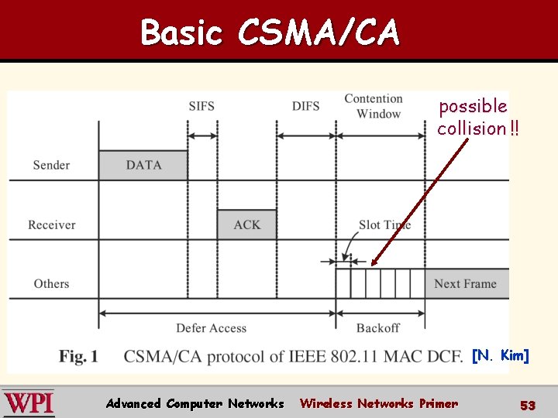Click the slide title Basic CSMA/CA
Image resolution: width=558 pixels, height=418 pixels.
pyautogui.click(x=270, y=33)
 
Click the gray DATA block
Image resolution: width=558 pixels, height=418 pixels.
pyautogui.click(x=143, y=165)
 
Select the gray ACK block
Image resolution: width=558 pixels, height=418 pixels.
pyautogui.click(x=246, y=224)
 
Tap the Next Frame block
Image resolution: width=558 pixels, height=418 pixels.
pyautogui.click(x=466, y=283)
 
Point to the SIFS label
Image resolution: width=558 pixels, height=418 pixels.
pyautogui.click(x=201, y=106)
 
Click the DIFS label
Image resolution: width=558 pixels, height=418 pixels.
pyautogui.click(x=305, y=106)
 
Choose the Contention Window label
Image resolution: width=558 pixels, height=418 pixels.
pyautogui.click(x=374, y=106)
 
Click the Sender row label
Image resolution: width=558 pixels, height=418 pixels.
pyautogui.click(x=51, y=165)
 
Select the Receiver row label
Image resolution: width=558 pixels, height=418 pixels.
pyautogui.click(x=51, y=224)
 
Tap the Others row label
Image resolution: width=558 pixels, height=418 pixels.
pyautogui.click(x=51, y=283)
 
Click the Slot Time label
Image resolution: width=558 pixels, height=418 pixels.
pyautogui.click(x=384, y=224)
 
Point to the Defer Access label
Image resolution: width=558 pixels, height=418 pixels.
pyautogui.click(x=211, y=328)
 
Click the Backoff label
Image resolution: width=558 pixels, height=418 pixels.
pyautogui.click(x=378, y=328)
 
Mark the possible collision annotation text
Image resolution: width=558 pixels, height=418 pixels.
pyautogui.click(x=474, y=117)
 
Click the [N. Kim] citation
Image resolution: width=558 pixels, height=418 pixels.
pyautogui.click(x=501, y=355)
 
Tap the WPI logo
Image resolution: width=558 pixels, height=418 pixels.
pyautogui.click(x=29, y=403)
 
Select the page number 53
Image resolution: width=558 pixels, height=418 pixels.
pyautogui.click(x=528, y=405)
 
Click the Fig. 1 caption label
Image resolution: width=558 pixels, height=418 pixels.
pyautogui.click(x=78, y=356)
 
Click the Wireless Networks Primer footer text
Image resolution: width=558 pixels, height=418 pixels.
pyautogui.click(x=378, y=403)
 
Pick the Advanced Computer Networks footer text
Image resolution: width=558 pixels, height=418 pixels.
pyautogui.click(x=195, y=403)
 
